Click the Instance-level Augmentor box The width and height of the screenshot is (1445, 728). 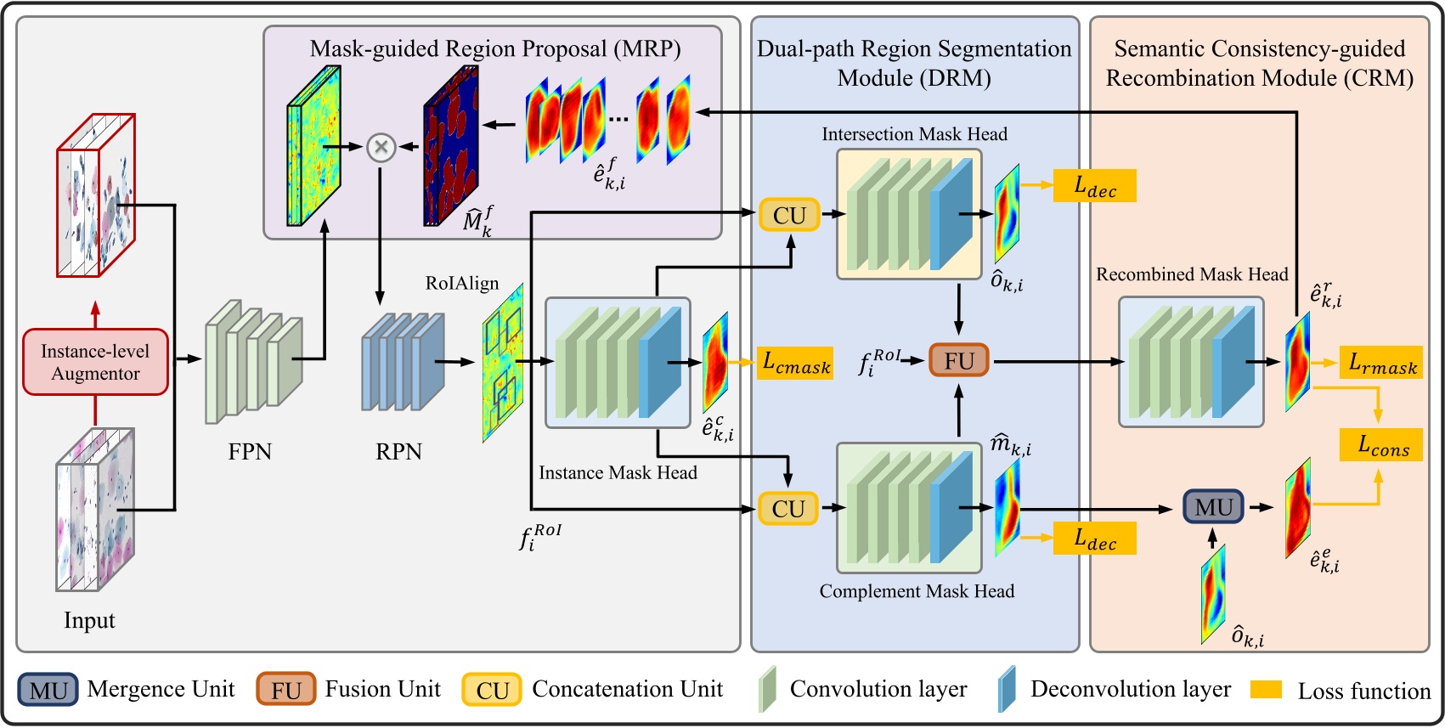(x=95, y=362)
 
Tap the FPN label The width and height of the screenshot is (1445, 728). (x=250, y=451)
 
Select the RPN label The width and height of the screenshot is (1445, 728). (x=398, y=451)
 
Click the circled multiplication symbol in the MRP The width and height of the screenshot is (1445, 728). (x=381, y=147)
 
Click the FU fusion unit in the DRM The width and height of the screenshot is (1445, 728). (x=958, y=361)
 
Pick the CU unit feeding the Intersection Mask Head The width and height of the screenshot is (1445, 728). (x=789, y=215)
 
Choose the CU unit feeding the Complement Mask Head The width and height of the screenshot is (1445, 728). (x=788, y=508)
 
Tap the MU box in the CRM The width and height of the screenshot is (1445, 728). (x=1213, y=507)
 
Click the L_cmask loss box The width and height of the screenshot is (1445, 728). (x=795, y=363)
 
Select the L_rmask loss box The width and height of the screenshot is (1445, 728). (x=1380, y=363)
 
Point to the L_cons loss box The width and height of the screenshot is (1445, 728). (x=1380, y=444)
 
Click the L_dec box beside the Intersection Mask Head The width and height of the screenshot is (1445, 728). (x=1094, y=185)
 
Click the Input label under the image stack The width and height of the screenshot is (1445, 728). (x=89, y=620)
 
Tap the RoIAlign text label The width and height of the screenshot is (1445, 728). (x=462, y=283)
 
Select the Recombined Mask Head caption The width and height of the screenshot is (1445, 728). (x=1191, y=274)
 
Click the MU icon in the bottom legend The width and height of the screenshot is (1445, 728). (x=48, y=690)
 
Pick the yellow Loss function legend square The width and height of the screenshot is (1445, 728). (x=1266, y=689)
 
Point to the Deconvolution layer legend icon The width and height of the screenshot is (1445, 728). (x=1008, y=689)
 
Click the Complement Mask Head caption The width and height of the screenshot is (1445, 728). (x=917, y=591)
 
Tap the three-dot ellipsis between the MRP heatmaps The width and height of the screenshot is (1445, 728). (x=618, y=119)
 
